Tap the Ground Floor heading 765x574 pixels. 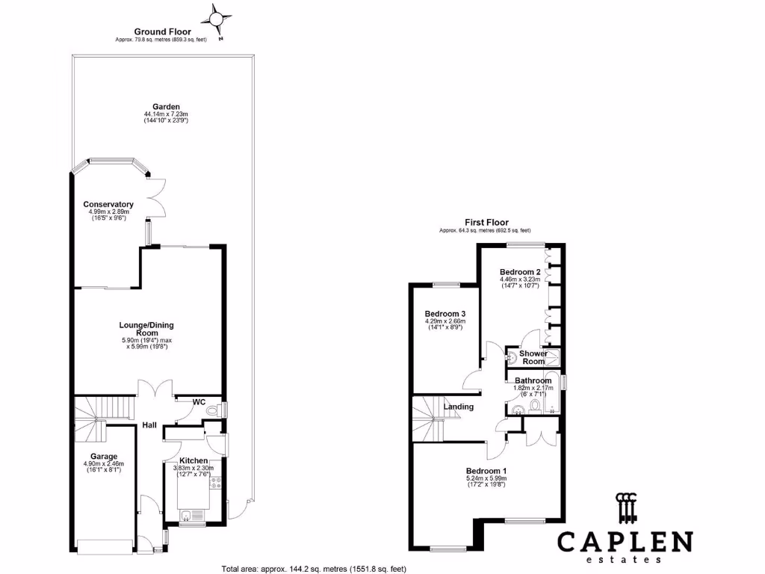coord(162,31)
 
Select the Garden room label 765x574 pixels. coord(162,107)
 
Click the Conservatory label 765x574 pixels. coord(108,205)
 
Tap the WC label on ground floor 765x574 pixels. coord(198,402)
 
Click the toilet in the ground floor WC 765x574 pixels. coord(213,410)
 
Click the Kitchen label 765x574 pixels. coord(193,461)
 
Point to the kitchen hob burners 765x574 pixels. coord(215,484)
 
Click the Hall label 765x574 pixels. coord(149,425)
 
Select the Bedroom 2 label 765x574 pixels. coord(520,272)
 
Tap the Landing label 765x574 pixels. coord(459,407)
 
